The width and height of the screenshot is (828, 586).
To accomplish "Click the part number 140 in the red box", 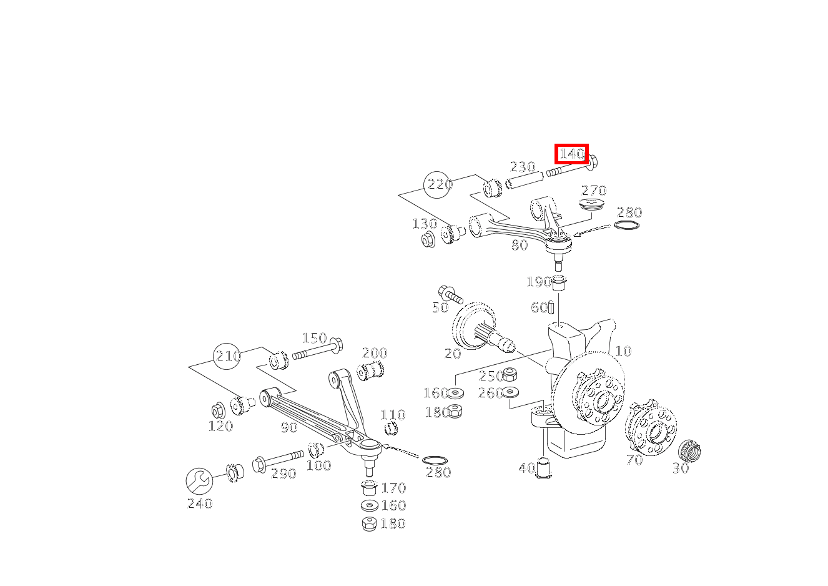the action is [571, 154].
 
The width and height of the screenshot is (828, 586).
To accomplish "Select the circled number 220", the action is [438, 184].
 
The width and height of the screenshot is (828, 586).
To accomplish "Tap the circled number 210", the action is [227, 356].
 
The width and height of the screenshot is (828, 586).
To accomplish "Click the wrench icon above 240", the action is [199, 481].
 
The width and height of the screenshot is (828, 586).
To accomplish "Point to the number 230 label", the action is [523, 167].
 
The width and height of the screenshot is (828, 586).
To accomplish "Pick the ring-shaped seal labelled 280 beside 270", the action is [628, 225].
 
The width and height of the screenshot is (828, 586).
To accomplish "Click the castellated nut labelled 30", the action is [690, 450].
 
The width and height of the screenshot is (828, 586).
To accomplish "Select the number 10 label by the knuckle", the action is [623, 351].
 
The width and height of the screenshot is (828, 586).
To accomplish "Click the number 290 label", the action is [283, 474].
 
